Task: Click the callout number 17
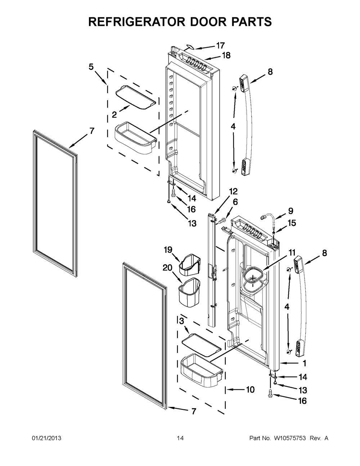[x=220, y=46]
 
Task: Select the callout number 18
[x=225, y=56]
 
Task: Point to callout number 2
[x=114, y=114]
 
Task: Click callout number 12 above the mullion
[x=233, y=191]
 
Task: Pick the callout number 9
[x=291, y=211]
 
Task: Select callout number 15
[x=292, y=223]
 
